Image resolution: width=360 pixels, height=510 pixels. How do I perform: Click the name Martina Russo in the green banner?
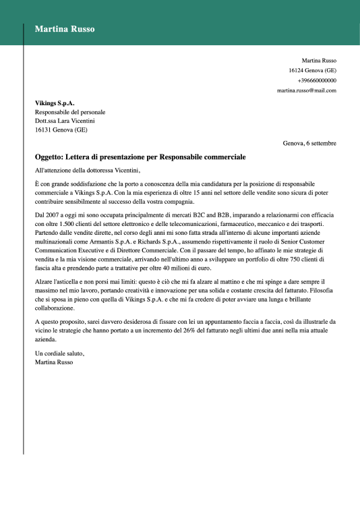pos(65,29)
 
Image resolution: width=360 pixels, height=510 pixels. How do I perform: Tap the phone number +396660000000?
pos(317,80)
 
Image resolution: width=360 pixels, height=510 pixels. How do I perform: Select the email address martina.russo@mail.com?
pos(307,90)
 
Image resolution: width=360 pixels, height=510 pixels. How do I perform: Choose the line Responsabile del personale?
pos(70,112)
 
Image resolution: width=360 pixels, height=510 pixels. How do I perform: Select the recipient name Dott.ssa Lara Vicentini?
pos(65,121)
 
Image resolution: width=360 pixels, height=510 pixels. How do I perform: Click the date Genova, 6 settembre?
pos(309,143)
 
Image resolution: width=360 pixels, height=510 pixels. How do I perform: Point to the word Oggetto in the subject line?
pos(51,157)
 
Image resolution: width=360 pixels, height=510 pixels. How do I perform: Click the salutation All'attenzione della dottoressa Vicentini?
pos(86,171)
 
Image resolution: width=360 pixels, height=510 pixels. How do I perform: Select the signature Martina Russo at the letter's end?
pos(53,362)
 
